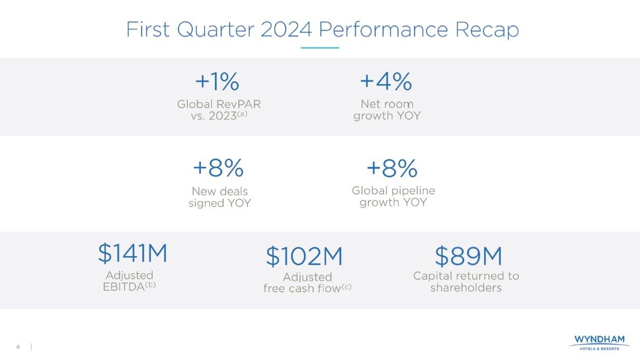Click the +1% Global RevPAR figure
[217, 82]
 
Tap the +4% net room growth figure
[386, 81]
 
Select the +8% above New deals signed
[218, 168]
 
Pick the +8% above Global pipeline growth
[392, 168]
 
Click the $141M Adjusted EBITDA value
[133, 253]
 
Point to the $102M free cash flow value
[304, 257]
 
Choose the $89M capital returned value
[468, 256]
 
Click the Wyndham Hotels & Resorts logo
[599, 342]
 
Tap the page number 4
[18, 347]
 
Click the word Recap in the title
[487, 30]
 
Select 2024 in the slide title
[286, 29]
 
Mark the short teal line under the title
[320, 48]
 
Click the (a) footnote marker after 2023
[243, 114]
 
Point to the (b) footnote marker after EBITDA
[150, 285]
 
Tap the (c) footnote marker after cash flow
[346, 286]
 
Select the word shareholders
[466, 288]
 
